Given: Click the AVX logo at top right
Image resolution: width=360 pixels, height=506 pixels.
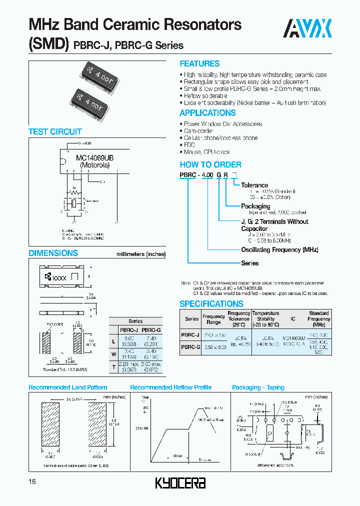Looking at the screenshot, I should pyautogui.click(x=308, y=28).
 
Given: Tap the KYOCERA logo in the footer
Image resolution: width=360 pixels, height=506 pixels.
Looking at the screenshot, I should pyautogui.click(x=180, y=483).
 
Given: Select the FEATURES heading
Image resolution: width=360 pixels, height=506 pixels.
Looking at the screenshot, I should pyautogui.click(x=199, y=64).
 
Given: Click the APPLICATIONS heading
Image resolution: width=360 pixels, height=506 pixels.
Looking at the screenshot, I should pyautogui.click(x=207, y=113).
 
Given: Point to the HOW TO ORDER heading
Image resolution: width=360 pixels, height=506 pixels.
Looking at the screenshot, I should pyautogui.click(x=210, y=164).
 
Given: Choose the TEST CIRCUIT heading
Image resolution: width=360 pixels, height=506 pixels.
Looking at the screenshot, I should pyautogui.click(x=55, y=132).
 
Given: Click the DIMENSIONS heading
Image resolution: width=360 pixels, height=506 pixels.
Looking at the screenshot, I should pyautogui.click(x=53, y=253).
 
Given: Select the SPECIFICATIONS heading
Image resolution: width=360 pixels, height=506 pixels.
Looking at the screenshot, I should pyautogui.click(x=211, y=304).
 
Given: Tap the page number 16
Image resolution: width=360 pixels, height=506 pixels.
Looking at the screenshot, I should pyautogui.click(x=33, y=481).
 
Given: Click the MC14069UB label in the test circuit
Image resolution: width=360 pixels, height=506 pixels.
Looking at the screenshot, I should pyautogui.click(x=95, y=158).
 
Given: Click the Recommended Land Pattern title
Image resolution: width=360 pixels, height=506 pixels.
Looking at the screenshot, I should pyautogui.click(x=68, y=387).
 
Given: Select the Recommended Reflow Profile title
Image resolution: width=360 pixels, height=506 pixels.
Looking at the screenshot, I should pyautogui.click(x=171, y=387).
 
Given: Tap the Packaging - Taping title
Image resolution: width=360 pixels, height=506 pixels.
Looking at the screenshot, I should pyautogui.click(x=258, y=387).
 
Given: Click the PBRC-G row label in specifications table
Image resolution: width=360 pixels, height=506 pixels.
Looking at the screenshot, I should pyautogui.click(x=190, y=346).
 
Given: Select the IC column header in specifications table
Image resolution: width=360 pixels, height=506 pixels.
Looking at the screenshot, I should pyautogui.click(x=293, y=318).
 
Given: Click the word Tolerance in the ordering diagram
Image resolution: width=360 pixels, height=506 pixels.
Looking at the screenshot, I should pyautogui.click(x=254, y=185).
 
